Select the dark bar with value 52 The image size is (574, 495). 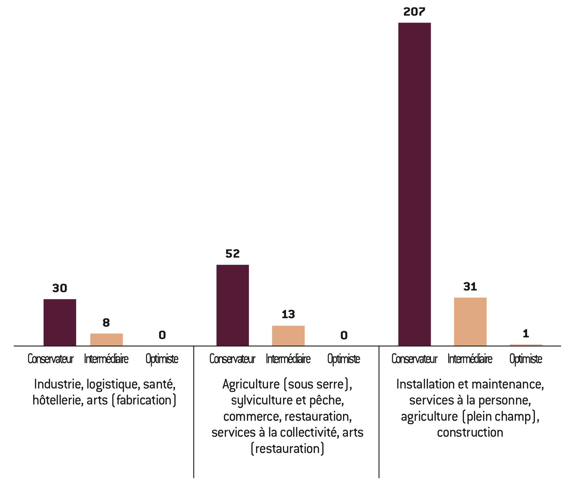click(x=233, y=305)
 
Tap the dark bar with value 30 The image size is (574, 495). click(x=60, y=322)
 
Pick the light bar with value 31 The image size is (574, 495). click(x=470, y=321)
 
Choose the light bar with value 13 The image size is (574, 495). click(x=288, y=335)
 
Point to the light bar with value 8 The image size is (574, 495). click(x=107, y=339)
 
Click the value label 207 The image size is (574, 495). click(x=414, y=12)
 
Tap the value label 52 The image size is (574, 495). click(x=233, y=254)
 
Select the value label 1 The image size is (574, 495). click(x=526, y=333)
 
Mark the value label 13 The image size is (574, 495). click(x=288, y=314)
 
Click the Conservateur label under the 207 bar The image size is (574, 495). click(x=414, y=359)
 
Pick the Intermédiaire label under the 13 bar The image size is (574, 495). click(x=288, y=359)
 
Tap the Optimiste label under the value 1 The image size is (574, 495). click(x=526, y=359)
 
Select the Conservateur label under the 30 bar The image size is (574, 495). click(x=50, y=359)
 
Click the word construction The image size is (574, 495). click(x=470, y=432)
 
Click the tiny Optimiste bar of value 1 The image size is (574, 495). click(x=526, y=345)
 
